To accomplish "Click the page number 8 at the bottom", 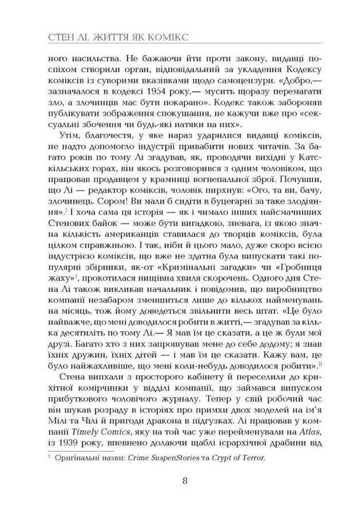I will (x=185, y=480).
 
